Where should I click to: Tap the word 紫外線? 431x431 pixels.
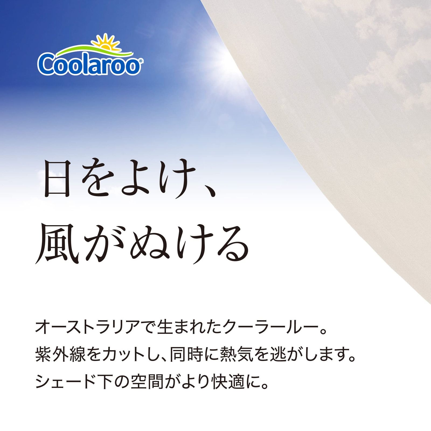[x=61, y=354]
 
